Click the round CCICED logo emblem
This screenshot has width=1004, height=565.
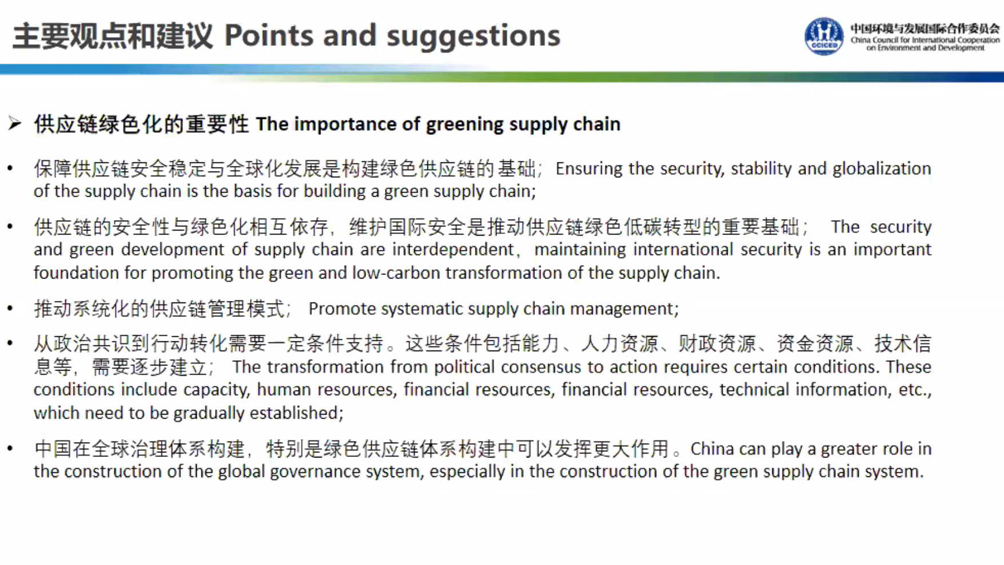(824, 36)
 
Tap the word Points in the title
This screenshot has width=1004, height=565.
(269, 35)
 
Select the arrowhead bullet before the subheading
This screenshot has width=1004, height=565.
(15, 123)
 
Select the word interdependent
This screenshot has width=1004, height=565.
(453, 250)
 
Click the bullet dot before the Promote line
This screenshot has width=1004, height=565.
(10, 308)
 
